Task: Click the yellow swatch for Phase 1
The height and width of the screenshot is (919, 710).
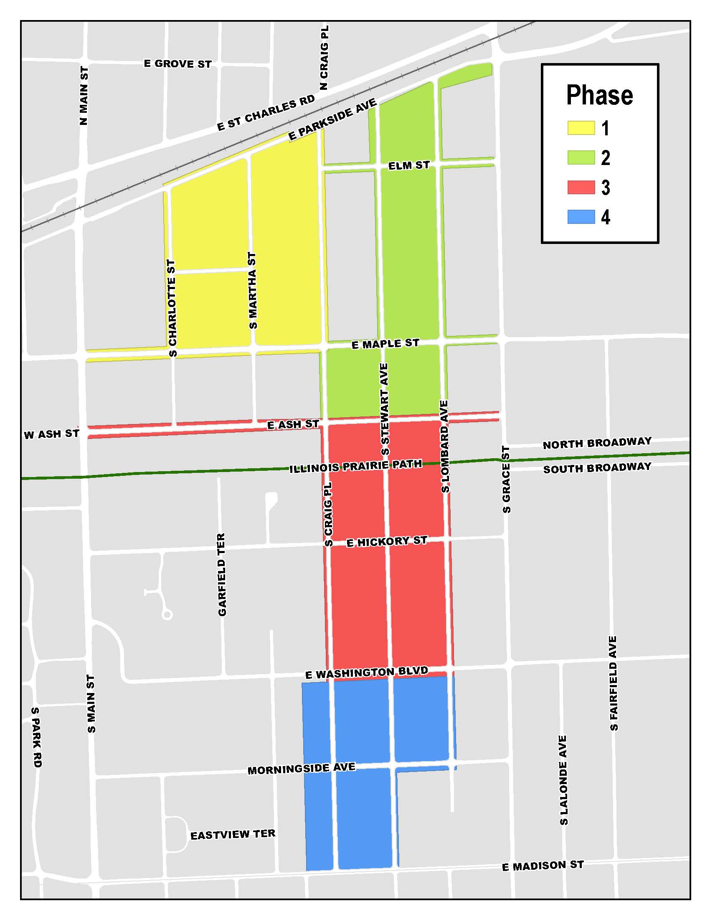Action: pyautogui.click(x=581, y=128)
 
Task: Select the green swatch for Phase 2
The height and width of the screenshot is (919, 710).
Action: pyautogui.click(x=581, y=157)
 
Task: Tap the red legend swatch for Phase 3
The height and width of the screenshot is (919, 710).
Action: pyautogui.click(x=581, y=187)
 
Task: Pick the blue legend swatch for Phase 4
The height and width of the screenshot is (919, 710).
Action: pyautogui.click(x=581, y=217)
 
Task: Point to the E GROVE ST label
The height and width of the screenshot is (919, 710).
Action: pyautogui.click(x=177, y=64)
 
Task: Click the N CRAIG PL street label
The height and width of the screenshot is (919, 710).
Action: pyautogui.click(x=324, y=58)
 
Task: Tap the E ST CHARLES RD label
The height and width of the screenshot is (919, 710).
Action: pyautogui.click(x=266, y=113)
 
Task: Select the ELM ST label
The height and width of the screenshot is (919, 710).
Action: pyautogui.click(x=409, y=165)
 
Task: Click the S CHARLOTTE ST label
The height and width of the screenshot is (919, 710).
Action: pyautogui.click(x=172, y=308)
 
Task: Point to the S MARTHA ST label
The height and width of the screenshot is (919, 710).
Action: pyautogui.click(x=252, y=290)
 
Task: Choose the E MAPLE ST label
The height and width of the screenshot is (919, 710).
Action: pyautogui.click(x=385, y=344)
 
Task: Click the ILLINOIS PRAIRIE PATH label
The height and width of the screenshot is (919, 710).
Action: pyautogui.click(x=355, y=466)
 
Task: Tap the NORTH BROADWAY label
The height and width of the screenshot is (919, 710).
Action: pyautogui.click(x=597, y=443)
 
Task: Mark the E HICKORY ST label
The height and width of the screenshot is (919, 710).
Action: pyautogui.click(x=387, y=541)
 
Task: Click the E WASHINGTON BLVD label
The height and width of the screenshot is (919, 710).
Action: pyautogui.click(x=366, y=673)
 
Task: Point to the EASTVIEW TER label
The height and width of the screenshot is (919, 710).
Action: pyautogui.click(x=233, y=835)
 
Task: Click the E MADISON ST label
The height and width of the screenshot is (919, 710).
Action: pyautogui.click(x=543, y=866)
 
